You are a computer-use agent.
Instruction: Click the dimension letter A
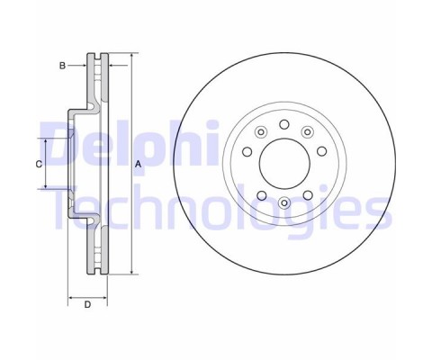[138, 164]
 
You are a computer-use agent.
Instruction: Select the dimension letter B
[62, 66]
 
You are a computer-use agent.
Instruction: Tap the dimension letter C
[39, 165]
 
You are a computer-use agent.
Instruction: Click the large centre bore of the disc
[284, 164]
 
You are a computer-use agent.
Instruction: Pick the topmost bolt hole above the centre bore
[284, 124]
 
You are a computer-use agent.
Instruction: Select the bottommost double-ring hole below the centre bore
[284, 202]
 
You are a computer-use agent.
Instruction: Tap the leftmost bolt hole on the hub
[247, 151]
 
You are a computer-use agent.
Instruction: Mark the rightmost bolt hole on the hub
[322, 151]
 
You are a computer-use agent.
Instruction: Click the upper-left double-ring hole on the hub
[261, 131]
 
